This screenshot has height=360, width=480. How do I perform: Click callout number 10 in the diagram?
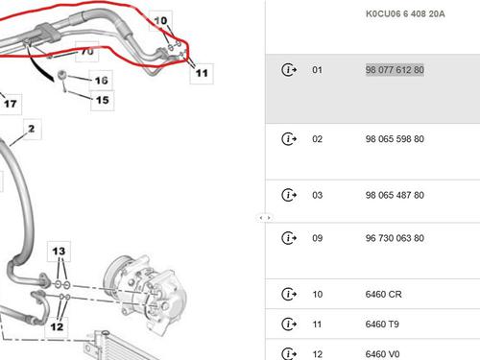(160, 21)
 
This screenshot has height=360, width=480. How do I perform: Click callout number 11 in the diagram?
(202, 73)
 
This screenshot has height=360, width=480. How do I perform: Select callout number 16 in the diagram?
(101, 81)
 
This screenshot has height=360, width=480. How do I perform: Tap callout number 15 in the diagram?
(103, 100)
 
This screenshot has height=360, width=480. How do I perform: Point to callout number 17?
(11, 104)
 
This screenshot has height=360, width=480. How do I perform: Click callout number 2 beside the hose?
(32, 129)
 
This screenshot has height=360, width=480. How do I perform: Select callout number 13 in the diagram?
(59, 252)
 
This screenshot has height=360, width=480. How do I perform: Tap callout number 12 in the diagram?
(57, 326)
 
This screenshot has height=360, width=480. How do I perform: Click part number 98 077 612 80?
(395, 70)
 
